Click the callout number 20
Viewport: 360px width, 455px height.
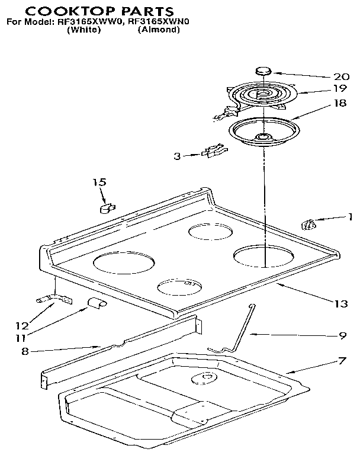[x=342, y=76]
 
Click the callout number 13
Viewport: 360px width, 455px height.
[x=340, y=304]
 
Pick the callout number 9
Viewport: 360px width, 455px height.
[x=342, y=335]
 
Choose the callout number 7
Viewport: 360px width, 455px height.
[x=342, y=361]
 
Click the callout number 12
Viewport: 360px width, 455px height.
[x=21, y=325]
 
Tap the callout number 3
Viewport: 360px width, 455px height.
[x=176, y=156]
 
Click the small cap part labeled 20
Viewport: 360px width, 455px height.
[x=262, y=72]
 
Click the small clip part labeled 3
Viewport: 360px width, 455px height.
[x=213, y=152]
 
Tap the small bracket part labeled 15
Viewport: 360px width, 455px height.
[x=106, y=207]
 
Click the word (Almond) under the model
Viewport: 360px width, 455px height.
[x=158, y=30]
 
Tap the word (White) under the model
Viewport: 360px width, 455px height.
[x=85, y=30]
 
